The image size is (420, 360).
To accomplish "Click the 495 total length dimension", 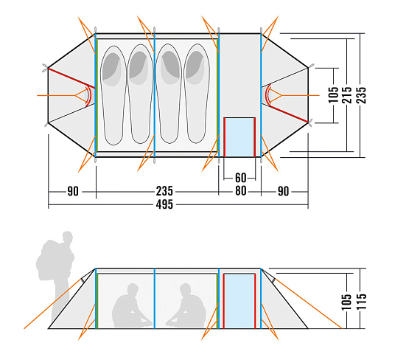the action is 164,204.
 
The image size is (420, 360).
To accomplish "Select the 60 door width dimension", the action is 240,178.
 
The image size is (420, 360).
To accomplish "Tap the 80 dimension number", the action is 240,191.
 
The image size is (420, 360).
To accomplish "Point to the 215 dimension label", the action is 347,94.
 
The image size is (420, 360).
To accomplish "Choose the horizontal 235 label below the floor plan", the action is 164,191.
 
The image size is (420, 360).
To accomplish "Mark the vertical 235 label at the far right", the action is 361,94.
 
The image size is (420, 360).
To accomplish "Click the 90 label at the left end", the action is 73,191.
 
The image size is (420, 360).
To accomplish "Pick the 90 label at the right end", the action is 283,191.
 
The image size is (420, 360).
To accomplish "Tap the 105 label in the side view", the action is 346,301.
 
